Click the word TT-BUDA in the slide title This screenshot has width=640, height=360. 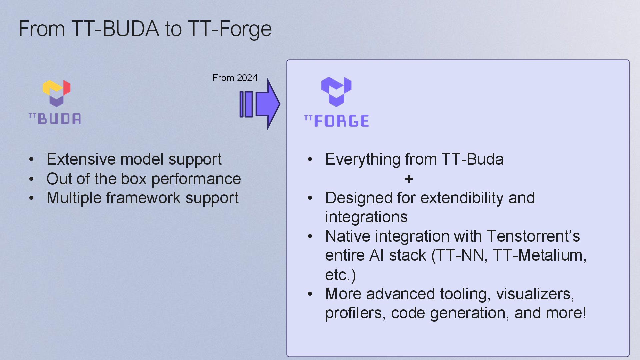[x=115, y=29]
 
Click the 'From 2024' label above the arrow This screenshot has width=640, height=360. [x=235, y=78]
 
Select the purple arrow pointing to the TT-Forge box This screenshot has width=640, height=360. [x=260, y=104]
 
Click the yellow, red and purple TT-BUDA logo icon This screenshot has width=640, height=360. [x=57, y=93]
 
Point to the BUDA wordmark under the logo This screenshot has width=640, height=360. [x=55, y=119]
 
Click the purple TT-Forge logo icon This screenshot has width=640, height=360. [x=336, y=92]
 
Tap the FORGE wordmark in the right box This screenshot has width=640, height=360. [x=337, y=121]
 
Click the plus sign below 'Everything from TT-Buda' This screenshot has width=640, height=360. [x=409, y=179]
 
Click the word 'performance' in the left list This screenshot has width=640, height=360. [x=196, y=179]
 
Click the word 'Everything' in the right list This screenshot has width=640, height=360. [x=363, y=160]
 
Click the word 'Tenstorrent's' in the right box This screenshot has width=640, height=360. [x=533, y=236]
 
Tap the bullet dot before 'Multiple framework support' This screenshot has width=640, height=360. [x=31, y=198]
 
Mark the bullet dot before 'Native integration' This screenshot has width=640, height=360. [x=310, y=237]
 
